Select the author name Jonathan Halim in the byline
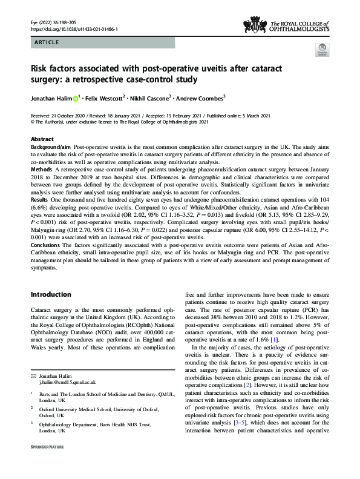click(x=51, y=97)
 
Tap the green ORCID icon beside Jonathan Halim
click(x=76, y=97)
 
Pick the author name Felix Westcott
click(x=103, y=97)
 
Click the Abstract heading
click(x=42, y=139)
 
